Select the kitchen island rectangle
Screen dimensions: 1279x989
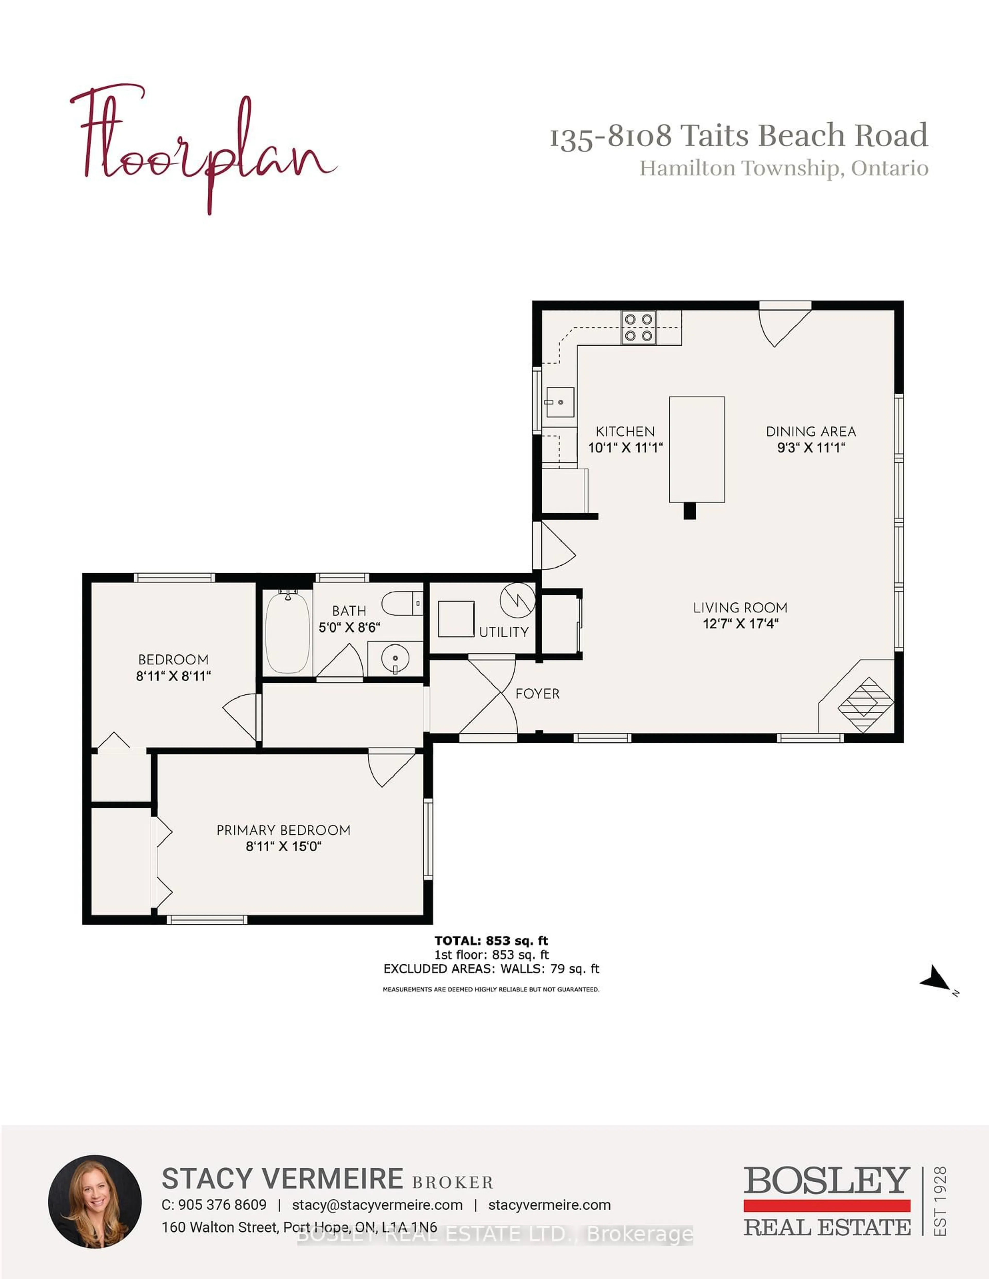pos(697,449)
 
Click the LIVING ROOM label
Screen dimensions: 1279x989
pos(740,608)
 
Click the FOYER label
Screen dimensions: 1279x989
pos(537,694)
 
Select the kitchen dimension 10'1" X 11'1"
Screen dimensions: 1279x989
pos(625,448)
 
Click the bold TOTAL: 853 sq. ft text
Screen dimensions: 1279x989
pos(491,941)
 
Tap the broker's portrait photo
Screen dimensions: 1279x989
pos(95,1201)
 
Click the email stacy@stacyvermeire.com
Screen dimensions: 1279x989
pos(377,1205)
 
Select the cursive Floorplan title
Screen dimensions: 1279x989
pos(202,146)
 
